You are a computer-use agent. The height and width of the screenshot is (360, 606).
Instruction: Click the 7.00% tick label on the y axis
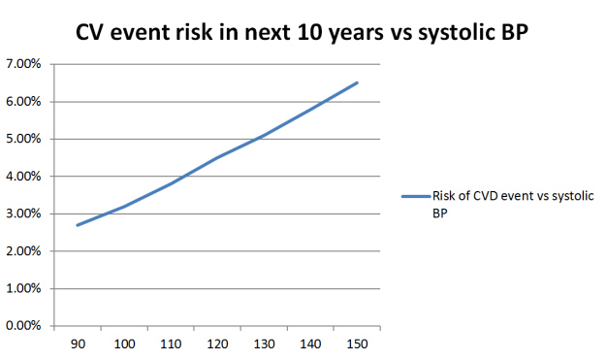[x=23, y=64]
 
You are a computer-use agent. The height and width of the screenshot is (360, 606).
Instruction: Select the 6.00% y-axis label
[x=23, y=102]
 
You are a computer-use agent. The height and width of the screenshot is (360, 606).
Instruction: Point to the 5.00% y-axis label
[x=23, y=139]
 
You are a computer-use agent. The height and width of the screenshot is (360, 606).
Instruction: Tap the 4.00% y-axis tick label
[x=23, y=177]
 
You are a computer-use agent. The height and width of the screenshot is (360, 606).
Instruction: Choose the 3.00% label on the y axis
[x=23, y=213]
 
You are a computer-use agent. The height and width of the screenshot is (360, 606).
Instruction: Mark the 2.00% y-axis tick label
[x=23, y=251]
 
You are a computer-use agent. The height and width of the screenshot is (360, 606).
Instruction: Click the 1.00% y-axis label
[x=23, y=288]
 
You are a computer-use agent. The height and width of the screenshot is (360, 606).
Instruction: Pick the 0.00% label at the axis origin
[x=23, y=326]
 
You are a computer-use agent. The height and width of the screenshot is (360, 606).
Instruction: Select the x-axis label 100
[x=123, y=344]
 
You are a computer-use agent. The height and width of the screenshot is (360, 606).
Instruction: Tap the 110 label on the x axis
[x=169, y=344]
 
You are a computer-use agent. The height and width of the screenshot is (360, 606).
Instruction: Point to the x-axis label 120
[x=216, y=344]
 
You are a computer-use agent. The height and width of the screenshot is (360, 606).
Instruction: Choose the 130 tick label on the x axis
[x=263, y=344]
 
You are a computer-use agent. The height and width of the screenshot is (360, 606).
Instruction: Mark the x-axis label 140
[x=310, y=344]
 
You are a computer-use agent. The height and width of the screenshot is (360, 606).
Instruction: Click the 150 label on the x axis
[x=357, y=344]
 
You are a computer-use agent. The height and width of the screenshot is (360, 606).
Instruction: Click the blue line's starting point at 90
[x=76, y=225]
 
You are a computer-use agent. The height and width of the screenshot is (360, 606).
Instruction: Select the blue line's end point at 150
[x=358, y=82]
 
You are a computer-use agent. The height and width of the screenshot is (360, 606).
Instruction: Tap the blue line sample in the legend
[x=414, y=196]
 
